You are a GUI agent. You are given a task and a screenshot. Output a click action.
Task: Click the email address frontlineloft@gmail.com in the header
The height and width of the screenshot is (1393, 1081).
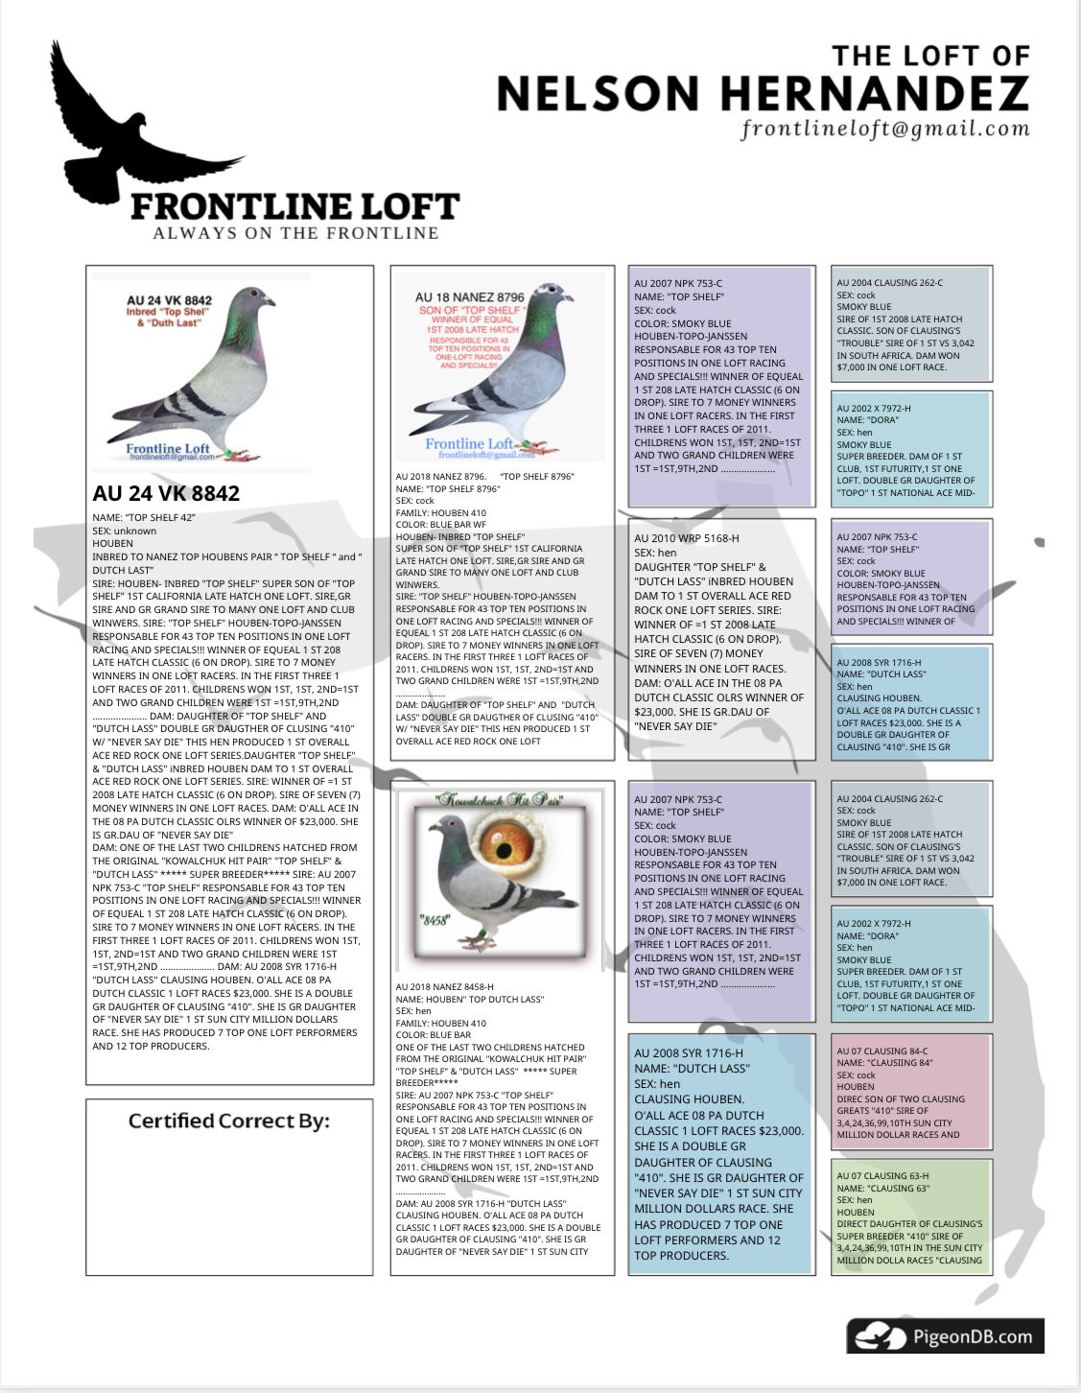[884, 130]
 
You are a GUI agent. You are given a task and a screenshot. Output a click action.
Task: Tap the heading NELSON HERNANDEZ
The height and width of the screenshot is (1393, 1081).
[763, 94]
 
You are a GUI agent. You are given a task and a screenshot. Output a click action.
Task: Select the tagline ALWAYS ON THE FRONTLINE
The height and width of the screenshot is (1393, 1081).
[295, 233]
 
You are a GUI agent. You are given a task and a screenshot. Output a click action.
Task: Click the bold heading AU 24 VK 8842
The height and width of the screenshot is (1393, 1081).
[166, 494]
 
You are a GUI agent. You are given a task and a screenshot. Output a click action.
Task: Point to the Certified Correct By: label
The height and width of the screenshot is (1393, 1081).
[229, 1121]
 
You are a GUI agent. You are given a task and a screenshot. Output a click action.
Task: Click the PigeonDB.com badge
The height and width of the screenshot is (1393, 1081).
[945, 1336]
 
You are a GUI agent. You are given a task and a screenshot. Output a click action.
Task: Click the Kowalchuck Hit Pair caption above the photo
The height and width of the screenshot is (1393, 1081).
[501, 799]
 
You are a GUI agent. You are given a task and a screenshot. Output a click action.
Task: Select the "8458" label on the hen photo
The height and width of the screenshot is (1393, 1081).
[435, 920]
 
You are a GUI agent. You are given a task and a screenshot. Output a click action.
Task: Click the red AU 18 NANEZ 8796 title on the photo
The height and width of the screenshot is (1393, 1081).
[470, 297]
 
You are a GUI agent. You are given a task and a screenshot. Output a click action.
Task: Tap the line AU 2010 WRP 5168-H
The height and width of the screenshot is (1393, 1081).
[687, 538]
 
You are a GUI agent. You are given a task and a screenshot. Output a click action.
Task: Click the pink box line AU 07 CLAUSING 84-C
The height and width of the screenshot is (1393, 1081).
[882, 1051]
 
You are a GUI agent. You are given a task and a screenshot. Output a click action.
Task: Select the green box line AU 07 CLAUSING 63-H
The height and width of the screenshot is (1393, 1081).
[882, 1175]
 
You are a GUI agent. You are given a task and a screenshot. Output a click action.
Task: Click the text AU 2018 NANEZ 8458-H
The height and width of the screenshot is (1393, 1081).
[445, 986]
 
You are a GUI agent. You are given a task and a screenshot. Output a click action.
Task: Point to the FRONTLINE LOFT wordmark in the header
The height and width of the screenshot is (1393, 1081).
[295, 206]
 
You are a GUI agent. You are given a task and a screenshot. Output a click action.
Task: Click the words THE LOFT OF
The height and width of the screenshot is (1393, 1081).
[930, 57]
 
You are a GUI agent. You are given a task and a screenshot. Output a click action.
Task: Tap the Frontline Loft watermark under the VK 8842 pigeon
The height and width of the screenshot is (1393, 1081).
[168, 449]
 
